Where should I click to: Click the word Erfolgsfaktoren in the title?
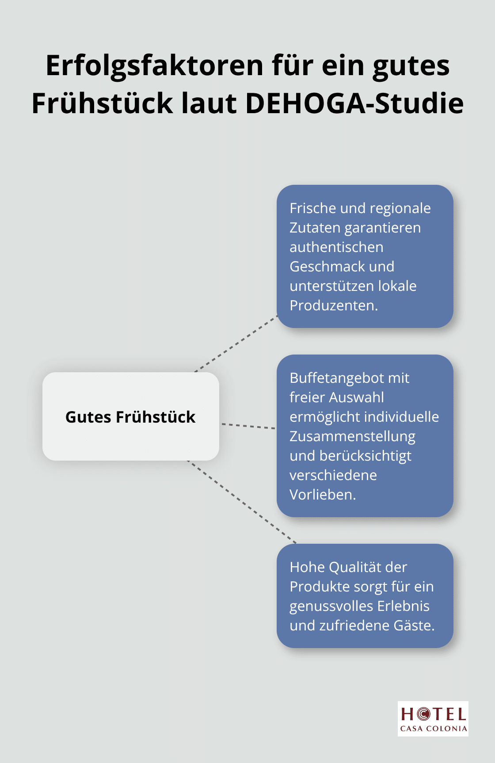click(x=155, y=65)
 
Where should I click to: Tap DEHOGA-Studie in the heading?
click(x=354, y=103)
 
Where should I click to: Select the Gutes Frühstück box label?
click(x=130, y=417)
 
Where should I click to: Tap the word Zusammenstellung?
click(x=353, y=437)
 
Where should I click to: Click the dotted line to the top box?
click(x=236, y=343)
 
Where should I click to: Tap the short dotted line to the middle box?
click(x=248, y=426)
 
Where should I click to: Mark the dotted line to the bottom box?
click(x=242, y=502)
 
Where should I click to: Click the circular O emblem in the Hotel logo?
click(x=423, y=713)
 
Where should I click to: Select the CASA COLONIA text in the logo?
click(x=434, y=729)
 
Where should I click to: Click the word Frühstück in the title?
click(x=103, y=103)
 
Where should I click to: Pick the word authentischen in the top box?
click(x=336, y=247)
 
